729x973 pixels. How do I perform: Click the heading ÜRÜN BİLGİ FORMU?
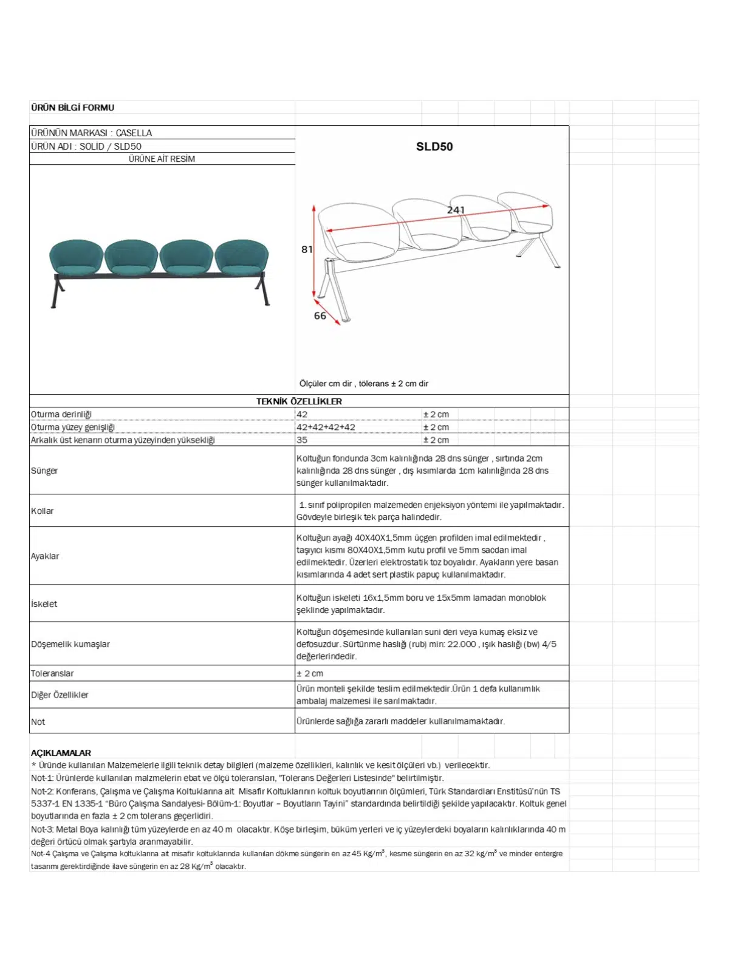tap(72, 108)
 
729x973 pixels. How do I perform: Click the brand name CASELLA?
tap(134, 133)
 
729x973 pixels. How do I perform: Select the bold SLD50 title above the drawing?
tap(434, 147)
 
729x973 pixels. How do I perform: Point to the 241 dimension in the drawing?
tap(456, 210)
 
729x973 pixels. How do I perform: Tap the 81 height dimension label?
tap(307, 249)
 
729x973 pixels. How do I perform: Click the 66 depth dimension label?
tap(320, 316)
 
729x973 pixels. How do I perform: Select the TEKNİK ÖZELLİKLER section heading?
tap(299, 401)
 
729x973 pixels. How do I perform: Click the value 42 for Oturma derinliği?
tap(302, 414)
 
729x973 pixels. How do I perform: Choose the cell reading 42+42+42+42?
tap(326, 427)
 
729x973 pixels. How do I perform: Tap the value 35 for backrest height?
tap(302, 440)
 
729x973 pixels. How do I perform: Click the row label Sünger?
tap(44, 471)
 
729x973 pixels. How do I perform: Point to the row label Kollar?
tap(43, 511)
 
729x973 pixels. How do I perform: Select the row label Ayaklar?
tap(45, 556)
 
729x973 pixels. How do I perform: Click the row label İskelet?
tap(44, 604)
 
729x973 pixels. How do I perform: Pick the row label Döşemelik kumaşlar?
tap(70, 644)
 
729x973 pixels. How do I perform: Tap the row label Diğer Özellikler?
tap(60, 694)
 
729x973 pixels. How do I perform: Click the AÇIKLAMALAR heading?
tap(61, 752)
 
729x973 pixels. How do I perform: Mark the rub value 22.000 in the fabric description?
tap(462, 644)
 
